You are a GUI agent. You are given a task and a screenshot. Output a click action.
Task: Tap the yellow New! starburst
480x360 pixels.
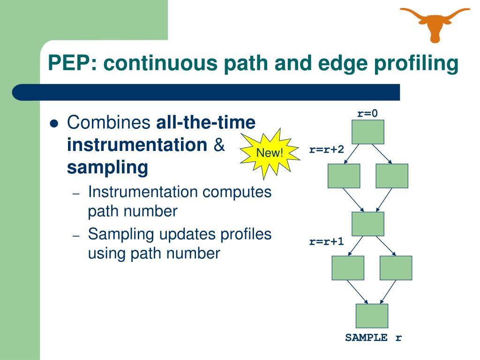270,153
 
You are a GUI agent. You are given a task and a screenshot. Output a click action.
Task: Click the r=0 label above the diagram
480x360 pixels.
367,113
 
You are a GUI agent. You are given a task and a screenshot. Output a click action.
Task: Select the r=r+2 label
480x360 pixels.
326,150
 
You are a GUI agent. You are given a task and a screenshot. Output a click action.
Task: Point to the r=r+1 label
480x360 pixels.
326,242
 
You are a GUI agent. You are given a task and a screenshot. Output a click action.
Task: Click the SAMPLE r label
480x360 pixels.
374,337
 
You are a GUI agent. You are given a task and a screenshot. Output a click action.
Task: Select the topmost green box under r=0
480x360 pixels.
368,132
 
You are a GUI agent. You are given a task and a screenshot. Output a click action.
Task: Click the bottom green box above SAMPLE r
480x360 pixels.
372,316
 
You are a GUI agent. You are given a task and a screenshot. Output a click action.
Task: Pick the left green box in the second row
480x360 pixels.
344,176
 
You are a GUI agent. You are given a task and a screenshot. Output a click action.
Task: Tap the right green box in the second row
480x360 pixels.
392,176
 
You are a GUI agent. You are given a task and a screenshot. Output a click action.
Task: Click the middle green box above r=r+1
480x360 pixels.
368,224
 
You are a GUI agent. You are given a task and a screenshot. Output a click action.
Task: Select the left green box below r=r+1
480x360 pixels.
348,268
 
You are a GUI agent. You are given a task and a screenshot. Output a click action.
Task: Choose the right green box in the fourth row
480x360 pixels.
396,268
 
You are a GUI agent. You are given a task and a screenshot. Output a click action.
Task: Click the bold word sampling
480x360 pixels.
107,167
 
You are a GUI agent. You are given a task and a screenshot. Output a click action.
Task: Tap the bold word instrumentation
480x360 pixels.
137,145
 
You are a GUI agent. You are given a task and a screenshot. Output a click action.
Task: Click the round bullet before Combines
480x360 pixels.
54,124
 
